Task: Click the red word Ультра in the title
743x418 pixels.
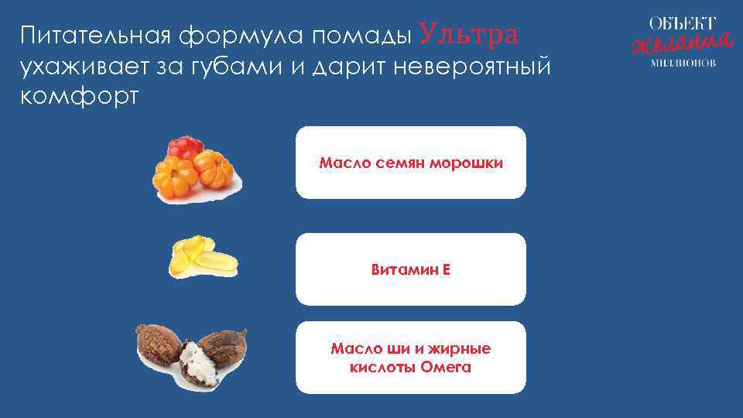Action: (x=469, y=35)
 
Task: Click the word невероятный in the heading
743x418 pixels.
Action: (x=472, y=69)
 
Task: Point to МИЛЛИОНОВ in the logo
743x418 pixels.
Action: (x=681, y=62)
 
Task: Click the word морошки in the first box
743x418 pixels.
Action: (x=467, y=163)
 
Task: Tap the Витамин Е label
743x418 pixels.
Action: (x=410, y=270)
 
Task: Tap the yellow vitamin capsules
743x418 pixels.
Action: (x=200, y=257)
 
